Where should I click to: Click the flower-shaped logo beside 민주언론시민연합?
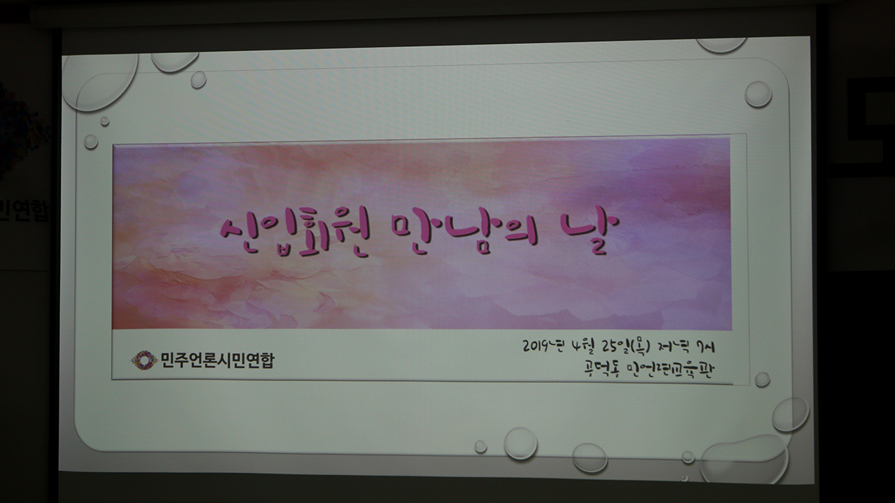(x=144, y=360)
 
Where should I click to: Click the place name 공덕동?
(x=599, y=369)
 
